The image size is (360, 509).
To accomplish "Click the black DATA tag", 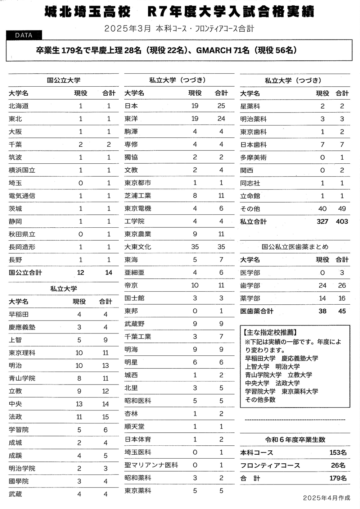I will [x=24, y=35].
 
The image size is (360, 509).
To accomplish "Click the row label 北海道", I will [x=19, y=106].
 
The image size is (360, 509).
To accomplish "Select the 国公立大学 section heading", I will [x=63, y=80].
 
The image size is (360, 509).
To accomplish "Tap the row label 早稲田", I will [x=19, y=314].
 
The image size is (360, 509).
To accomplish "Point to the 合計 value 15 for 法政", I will [x=105, y=417].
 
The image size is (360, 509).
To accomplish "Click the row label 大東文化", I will [x=138, y=247].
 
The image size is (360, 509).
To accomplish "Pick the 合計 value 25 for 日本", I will [x=221, y=106].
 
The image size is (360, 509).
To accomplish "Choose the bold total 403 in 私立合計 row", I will [x=342, y=222].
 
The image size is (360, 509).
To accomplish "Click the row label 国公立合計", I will [x=25, y=273].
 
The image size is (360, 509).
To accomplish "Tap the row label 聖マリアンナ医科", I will [x=151, y=465].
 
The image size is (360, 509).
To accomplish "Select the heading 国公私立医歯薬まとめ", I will [x=295, y=247].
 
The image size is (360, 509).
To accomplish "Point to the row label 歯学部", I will [x=250, y=286].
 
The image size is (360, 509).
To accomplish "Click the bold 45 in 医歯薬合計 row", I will [x=342, y=311].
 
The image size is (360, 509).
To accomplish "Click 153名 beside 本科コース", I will [x=338, y=453].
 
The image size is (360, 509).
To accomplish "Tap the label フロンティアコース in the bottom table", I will [x=270, y=465].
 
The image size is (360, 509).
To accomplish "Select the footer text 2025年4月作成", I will [x=326, y=498].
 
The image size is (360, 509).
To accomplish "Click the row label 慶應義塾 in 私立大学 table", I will [x=22, y=327].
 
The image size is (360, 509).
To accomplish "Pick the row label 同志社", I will [x=250, y=183].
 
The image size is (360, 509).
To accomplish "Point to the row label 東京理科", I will [x=22, y=353].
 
